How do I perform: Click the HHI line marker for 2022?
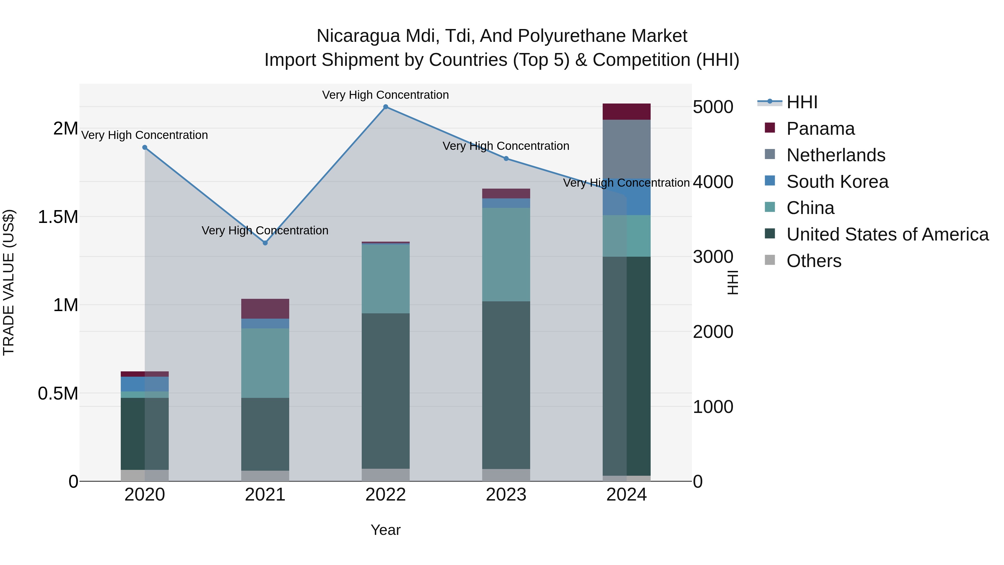[x=385, y=107]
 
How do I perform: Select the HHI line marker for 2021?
[x=265, y=243]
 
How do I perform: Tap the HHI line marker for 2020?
[x=144, y=147]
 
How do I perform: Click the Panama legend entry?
[x=820, y=129]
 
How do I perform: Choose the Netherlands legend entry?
[x=836, y=155]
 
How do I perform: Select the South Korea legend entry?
[x=837, y=182]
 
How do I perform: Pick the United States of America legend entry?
[x=887, y=234]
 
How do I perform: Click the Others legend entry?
[x=814, y=261]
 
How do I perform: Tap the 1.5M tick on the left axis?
[x=58, y=217]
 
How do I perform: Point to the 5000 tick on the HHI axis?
[x=713, y=107]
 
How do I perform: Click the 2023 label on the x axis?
[x=506, y=495]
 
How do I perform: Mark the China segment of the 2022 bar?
[x=385, y=278]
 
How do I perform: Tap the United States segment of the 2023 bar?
[x=506, y=385]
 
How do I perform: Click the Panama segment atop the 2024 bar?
[x=626, y=112]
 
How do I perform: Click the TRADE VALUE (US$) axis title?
[x=9, y=282]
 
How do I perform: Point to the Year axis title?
[x=385, y=530]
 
